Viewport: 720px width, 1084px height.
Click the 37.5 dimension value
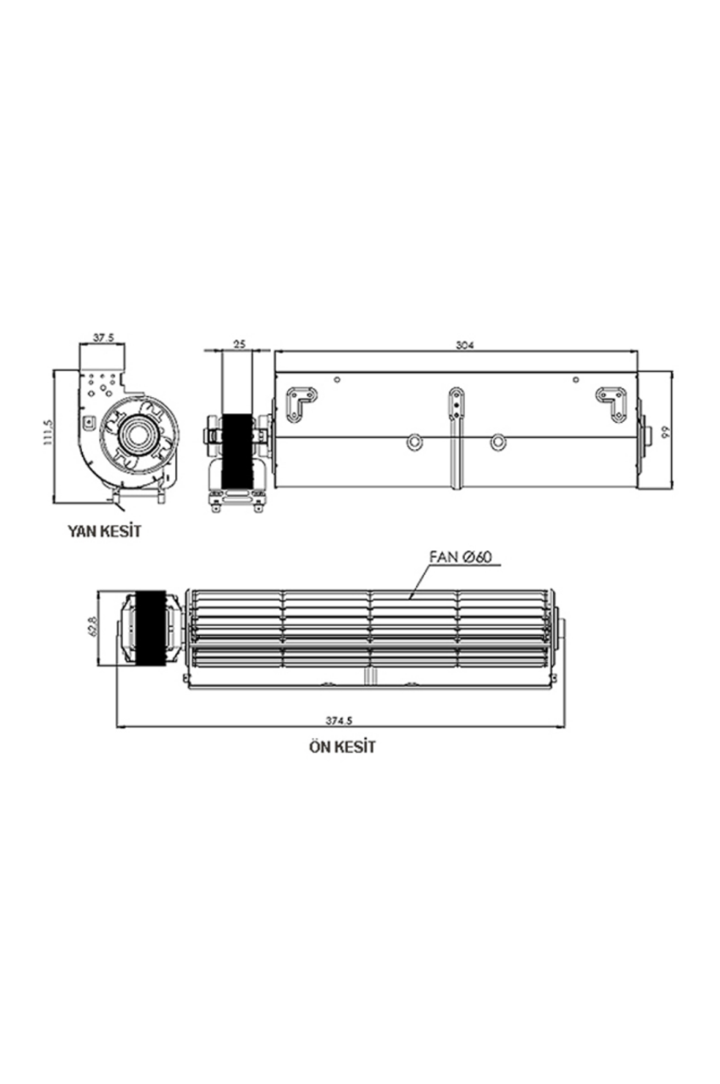click(103, 338)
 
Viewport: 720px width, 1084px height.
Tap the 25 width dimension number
click(239, 344)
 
